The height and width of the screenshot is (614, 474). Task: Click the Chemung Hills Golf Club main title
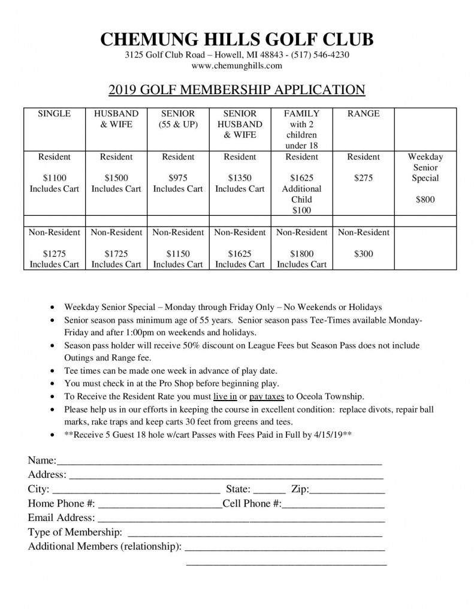[237, 40]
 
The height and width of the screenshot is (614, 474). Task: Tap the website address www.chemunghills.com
[237, 65]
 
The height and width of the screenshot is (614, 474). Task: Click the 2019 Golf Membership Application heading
[237, 90]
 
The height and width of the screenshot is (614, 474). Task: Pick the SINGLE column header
[55, 113]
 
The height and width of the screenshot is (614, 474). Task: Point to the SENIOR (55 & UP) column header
[178, 119]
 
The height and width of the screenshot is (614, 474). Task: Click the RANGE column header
[363, 113]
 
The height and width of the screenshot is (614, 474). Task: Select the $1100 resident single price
[55, 178]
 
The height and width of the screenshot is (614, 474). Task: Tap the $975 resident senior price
[178, 178]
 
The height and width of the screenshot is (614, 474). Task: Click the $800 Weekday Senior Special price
[425, 200]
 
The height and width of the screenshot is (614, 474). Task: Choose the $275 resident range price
[363, 178]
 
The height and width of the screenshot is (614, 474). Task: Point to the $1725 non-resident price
[116, 254]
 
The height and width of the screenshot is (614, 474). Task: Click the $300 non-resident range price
[363, 254]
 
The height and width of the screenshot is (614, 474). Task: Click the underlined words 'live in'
[225, 396]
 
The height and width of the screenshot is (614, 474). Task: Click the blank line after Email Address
[240, 519]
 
